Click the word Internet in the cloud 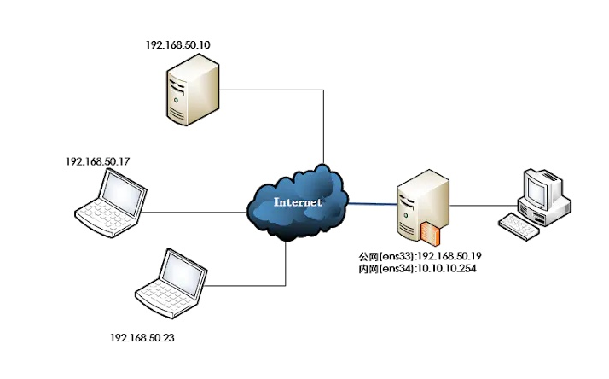tap(298, 202)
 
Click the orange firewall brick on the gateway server tap(429, 232)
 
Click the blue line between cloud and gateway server tap(371, 203)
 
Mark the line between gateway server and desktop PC tap(482, 205)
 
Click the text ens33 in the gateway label tap(393, 256)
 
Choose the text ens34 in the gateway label tap(393, 269)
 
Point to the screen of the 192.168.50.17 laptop tap(121, 192)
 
